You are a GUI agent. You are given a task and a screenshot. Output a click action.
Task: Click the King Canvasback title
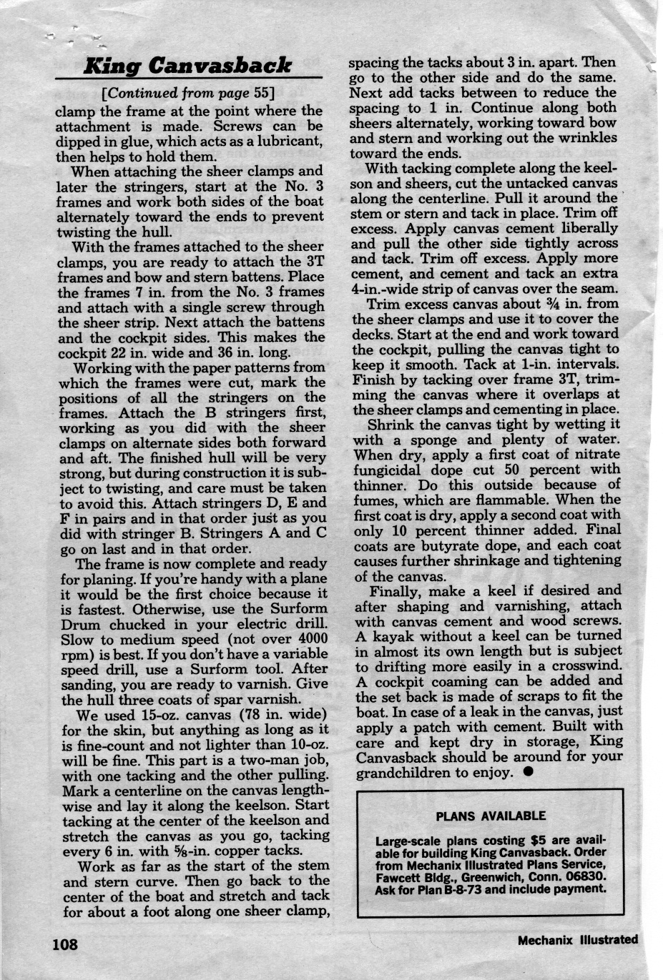point(187,66)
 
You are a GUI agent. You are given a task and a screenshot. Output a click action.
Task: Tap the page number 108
point(64,944)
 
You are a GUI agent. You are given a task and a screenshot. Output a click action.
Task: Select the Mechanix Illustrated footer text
point(578,940)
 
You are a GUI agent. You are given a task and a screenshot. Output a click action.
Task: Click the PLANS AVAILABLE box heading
point(491,816)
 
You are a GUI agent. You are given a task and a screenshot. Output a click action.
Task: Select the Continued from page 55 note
point(190,93)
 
